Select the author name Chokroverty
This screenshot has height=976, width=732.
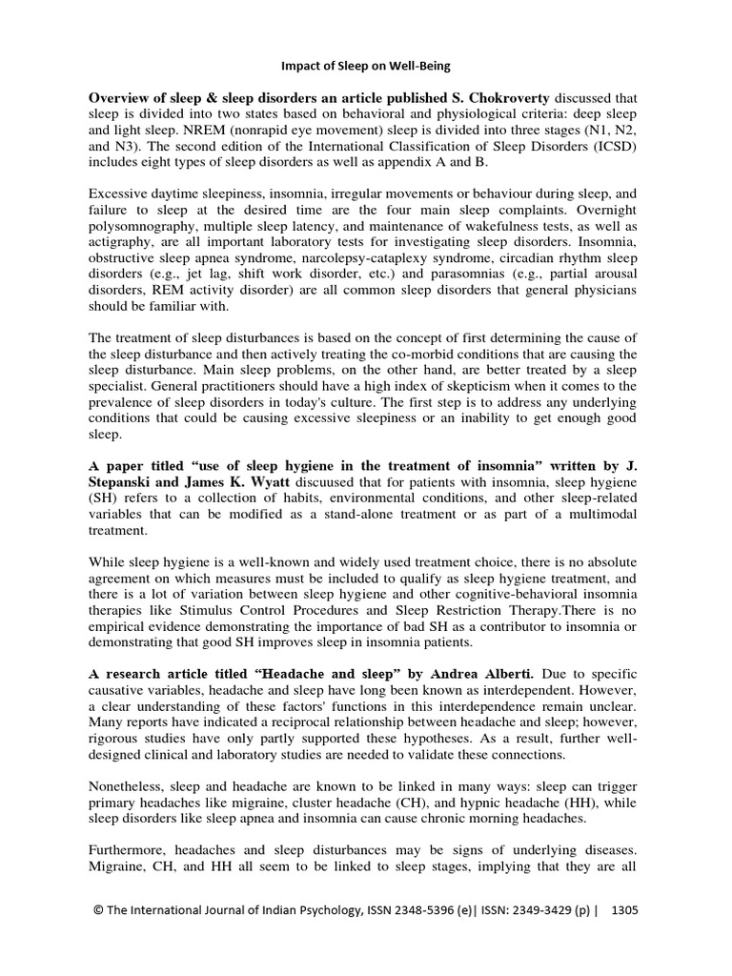(x=501, y=99)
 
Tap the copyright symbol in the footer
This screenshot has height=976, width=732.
(x=97, y=910)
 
